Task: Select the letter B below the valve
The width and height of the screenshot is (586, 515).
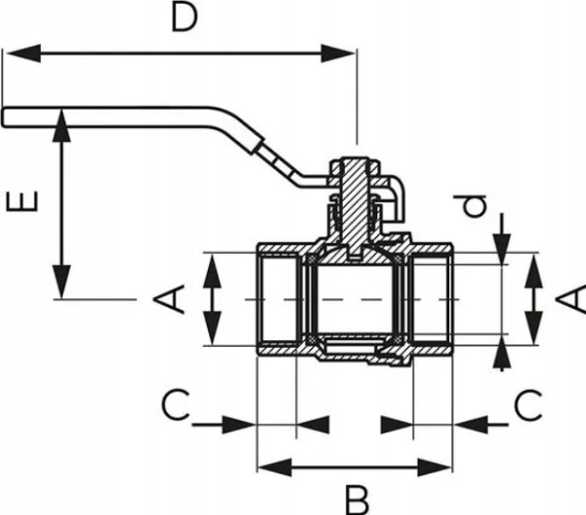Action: tap(357, 498)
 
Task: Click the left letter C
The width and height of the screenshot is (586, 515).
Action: tap(175, 403)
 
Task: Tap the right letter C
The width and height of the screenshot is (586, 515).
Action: tap(528, 403)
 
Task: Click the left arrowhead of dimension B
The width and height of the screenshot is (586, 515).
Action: tap(266, 466)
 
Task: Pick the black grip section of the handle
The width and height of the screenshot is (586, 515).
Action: tap(278, 161)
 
